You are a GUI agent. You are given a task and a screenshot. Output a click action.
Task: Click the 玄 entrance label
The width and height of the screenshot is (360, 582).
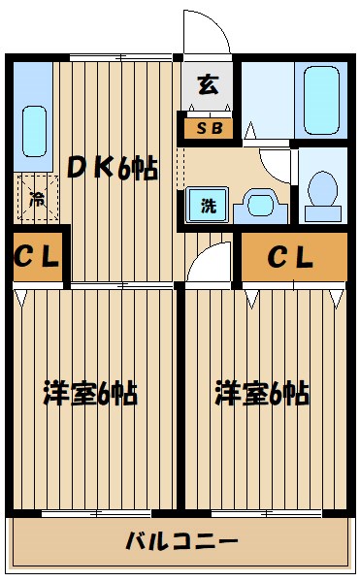(208, 84)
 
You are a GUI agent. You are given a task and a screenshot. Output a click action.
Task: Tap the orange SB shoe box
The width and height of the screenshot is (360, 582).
(208, 126)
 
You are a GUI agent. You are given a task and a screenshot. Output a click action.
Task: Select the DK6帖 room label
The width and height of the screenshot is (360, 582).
(113, 168)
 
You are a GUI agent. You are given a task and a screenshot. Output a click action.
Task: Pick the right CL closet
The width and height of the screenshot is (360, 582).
(292, 258)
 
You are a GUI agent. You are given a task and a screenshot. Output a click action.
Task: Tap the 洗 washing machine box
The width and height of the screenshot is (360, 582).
(208, 207)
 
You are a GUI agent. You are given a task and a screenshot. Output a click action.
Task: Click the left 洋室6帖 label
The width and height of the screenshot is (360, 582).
(89, 394)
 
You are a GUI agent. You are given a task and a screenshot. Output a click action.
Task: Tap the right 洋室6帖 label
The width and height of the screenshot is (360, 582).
(262, 394)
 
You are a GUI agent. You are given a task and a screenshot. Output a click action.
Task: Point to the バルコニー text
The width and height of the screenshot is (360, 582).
(180, 539)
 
